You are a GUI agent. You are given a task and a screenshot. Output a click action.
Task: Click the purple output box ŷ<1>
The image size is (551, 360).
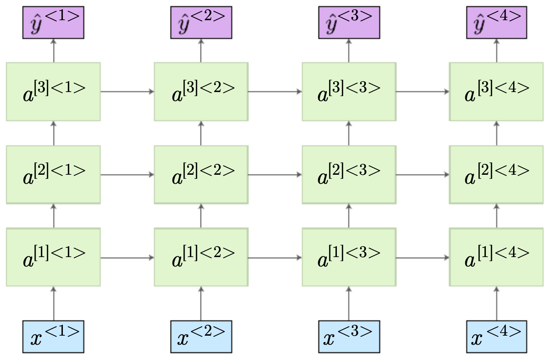[53, 22]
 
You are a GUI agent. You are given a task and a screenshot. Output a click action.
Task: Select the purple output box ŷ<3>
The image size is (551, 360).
[349, 22]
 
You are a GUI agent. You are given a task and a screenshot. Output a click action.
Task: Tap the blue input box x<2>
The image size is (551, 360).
[201, 336]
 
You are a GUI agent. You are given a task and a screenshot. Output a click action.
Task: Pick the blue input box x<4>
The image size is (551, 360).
[496, 336]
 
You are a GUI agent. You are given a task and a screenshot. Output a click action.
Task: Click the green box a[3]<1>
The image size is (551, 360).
[53, 92]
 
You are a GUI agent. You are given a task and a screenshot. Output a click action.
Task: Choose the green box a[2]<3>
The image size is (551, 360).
[349, 174]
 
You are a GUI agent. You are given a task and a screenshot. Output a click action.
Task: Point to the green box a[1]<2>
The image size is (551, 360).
[201, 257]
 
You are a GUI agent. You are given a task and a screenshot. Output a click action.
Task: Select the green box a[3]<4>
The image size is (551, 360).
[496, 92]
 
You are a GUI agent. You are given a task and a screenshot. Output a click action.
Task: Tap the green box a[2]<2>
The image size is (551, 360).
[201, 174]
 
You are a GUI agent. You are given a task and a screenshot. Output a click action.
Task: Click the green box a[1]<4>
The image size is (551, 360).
[496, 257]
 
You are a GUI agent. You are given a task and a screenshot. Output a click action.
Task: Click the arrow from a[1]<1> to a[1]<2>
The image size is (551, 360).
[127, 258]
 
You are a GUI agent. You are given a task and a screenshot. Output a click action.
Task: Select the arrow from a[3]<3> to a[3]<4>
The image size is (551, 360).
[423, 92]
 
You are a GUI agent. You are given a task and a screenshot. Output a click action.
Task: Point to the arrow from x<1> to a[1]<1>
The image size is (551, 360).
[54, 303]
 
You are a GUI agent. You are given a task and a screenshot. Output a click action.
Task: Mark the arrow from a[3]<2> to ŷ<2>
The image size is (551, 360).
[201, 51]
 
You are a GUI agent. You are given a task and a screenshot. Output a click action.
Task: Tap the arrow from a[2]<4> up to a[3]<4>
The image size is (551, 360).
[497, 133]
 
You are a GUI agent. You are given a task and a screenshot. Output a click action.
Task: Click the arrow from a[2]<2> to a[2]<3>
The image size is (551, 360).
[275, 175]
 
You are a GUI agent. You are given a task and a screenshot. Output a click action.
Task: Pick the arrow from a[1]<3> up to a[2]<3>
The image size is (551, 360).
[349, 216]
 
